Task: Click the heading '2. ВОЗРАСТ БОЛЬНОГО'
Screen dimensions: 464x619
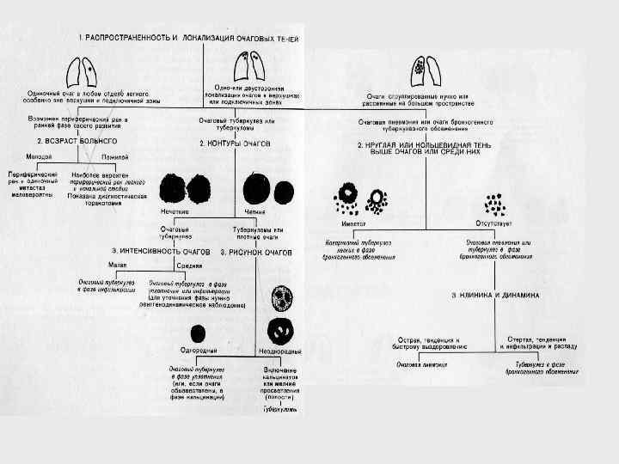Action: (x=77, y=139)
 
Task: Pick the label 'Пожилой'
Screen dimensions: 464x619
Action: (x=114, y=156)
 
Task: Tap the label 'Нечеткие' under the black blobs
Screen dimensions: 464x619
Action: (x=175, y=211)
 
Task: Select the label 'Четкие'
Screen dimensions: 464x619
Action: (x=255, y=211)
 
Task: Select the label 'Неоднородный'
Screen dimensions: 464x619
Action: (x=280, y=353)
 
